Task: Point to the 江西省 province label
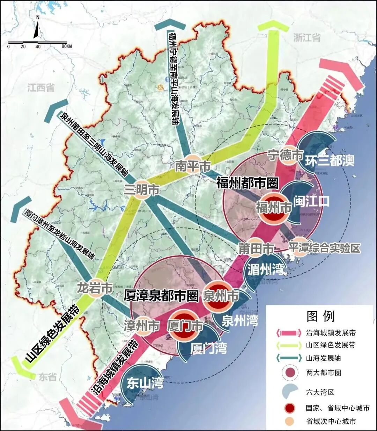coord(41,87)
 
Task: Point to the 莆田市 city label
coord(257,249)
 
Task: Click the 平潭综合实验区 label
coord(324,248)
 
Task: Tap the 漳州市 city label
coord(142,326)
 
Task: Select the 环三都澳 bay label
coord(330,160)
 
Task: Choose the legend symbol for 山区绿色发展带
coord(289,345)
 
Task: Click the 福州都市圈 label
coord(247,183)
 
